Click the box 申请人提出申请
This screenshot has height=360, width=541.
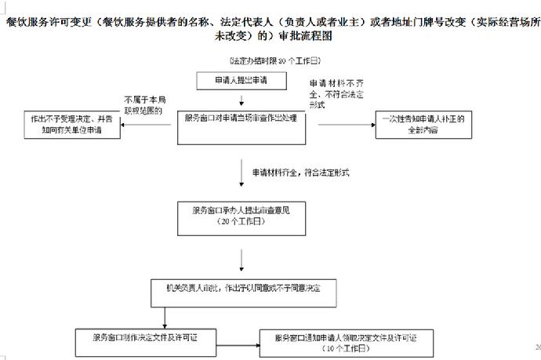pos(241,80)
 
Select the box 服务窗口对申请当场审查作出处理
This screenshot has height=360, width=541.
pos(241,118)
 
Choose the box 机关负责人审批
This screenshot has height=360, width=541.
pos(241,288)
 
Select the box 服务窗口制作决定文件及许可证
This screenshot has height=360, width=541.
pos(146,336)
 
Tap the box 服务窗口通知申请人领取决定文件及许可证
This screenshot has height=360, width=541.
pos(345,342)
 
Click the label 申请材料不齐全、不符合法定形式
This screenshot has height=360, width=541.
pos(337,93)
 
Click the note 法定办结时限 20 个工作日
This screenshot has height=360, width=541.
pos(274,60)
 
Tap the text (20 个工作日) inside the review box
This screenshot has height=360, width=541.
pos(241,221)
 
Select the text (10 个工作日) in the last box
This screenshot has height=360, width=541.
pos(345,347)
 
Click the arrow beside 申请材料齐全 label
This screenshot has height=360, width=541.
pos(244,171)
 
